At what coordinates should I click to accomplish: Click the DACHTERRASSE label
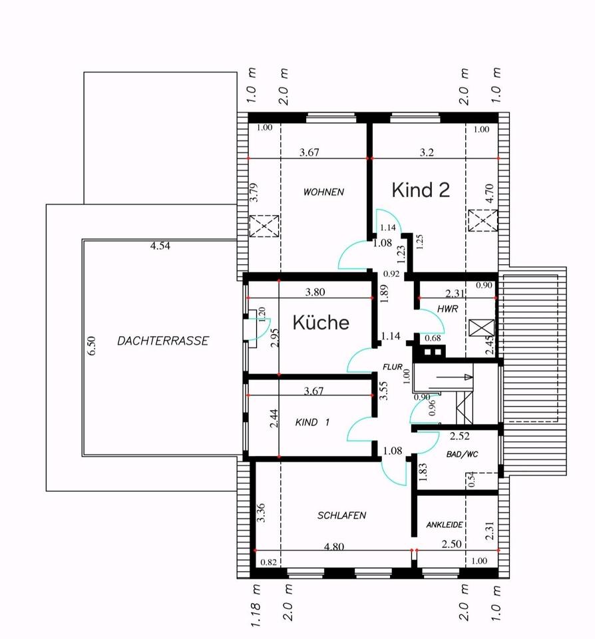click(x=163, y=341)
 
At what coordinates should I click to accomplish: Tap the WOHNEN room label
click(x=323, y=192)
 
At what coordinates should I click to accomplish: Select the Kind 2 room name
click(x=421, y=190)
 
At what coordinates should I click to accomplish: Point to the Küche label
click(x=321, y=323)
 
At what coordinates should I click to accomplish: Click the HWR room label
click(x=445, y=309)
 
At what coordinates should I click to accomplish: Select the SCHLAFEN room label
click(x=341, y=515)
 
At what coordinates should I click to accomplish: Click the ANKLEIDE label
click(x=444, y=525)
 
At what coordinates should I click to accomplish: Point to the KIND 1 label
click(x=312, y=422)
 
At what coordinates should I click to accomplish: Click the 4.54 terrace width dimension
click(x=160, y=246)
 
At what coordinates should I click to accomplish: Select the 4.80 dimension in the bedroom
click(x=333, y=547)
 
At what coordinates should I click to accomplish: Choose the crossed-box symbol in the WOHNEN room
click(x=265, y=226)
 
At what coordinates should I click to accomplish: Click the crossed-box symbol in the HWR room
click(x=481, y=328)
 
